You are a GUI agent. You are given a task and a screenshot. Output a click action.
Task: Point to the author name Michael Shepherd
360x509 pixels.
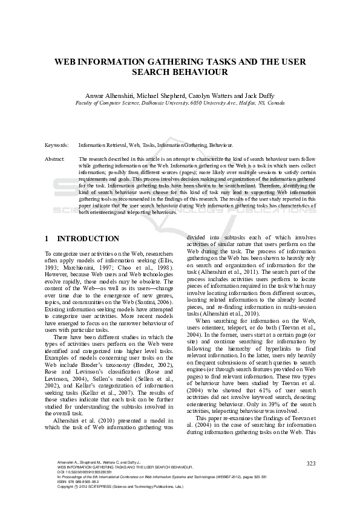click(x=160, y=95)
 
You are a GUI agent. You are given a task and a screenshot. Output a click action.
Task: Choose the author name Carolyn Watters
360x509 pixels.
click(x=212, y=95)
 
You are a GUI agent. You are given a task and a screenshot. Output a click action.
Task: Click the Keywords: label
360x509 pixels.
click(x=56, y=146)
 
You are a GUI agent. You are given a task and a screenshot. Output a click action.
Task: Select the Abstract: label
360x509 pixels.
click(x=55, y=158)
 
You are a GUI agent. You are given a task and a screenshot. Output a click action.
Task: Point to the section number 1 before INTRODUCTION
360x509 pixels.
click(x=48, y=239)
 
